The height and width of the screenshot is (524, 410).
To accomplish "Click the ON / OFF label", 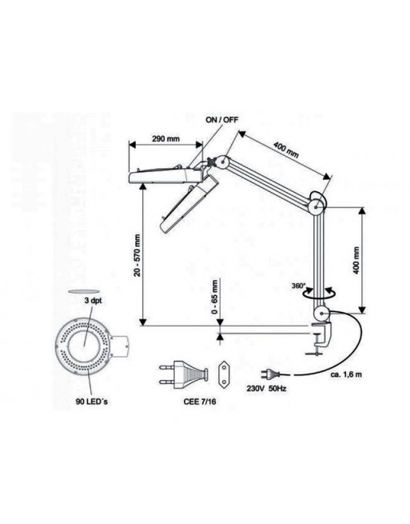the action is [222, 120].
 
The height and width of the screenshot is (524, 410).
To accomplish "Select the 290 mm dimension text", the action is [166, 138].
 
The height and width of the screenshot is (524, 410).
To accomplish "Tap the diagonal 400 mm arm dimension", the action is [286, 150].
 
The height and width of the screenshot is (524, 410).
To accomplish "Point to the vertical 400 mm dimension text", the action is [356, 261].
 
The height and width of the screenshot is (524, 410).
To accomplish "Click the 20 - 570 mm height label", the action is [137, 255].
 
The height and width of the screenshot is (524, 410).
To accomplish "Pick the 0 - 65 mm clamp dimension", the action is [215, 297].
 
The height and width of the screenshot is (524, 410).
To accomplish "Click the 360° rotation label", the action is [298, 286].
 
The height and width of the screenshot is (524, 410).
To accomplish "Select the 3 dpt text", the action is [93, 301].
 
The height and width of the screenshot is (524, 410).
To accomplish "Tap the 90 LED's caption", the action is [91, 402].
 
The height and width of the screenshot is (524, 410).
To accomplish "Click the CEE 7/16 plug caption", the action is [199, 402].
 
